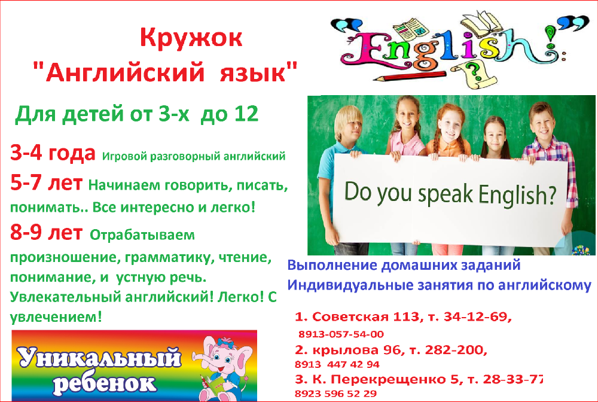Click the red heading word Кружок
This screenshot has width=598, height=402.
click(x=191, y=38)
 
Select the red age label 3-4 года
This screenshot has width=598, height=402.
click(x=53, y=153)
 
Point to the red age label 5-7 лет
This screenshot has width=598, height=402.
click(x=46, y=183)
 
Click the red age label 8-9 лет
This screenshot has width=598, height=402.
click(x=46, y=232)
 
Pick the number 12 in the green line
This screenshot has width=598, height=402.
click(x=246, y=114)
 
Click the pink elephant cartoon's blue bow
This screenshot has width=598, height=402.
click(x=225, y=342)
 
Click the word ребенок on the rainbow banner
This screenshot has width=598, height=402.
click(x=105, y=383)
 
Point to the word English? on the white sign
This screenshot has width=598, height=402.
click(x=517, y=194)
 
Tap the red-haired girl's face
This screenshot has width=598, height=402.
click(x=450, y=127)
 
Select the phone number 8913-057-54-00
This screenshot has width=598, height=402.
click(x=341, y=334)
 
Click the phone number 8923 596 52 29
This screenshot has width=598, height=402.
click(x=335, y=394)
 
